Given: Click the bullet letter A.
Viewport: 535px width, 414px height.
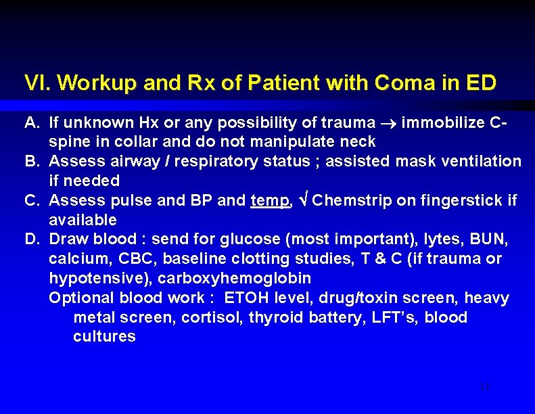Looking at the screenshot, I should (31, 122).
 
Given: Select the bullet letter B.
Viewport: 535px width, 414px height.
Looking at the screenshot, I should (31, 161).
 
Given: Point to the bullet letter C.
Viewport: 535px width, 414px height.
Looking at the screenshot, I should (31, 200).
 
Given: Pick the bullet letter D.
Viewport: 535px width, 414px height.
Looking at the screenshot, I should (31, 239).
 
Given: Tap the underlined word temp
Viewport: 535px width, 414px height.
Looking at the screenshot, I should (270, 200).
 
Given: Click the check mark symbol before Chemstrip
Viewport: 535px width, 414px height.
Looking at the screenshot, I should (304, 200).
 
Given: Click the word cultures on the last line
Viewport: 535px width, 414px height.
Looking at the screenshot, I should (104, 336).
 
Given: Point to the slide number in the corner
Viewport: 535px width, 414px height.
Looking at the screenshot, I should (484, 386).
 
